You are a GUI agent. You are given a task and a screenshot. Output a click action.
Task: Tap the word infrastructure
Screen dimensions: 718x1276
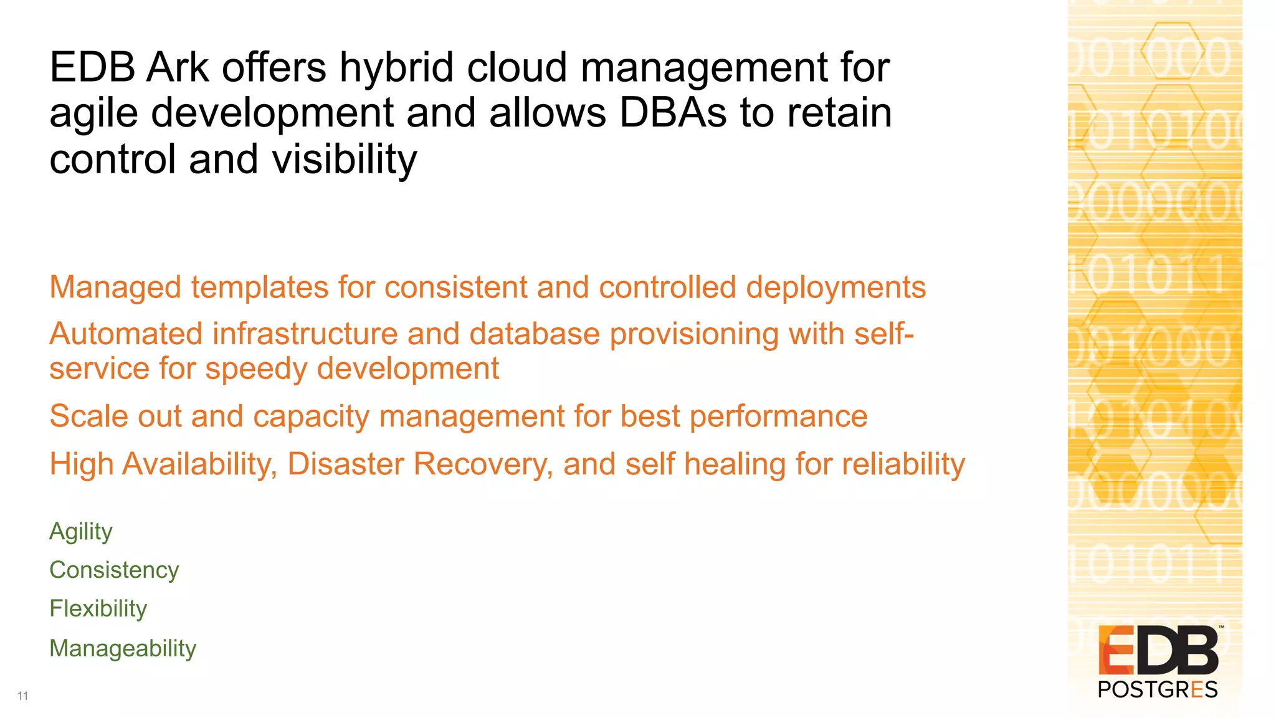[305, 334]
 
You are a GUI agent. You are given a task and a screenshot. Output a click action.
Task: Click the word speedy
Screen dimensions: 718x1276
[255, 368]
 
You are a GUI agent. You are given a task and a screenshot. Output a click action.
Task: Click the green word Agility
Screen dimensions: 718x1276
[81, 532]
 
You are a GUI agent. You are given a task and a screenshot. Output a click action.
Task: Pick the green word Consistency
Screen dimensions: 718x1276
[114, 570]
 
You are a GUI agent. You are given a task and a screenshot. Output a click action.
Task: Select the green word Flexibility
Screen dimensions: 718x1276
[98, 609]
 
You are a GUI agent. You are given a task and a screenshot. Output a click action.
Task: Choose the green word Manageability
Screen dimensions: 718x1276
[123, 649]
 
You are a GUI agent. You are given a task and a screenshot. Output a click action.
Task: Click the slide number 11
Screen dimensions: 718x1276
[23, 696]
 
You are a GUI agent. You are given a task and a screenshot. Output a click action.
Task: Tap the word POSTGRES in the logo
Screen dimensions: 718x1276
[1157, 690]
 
